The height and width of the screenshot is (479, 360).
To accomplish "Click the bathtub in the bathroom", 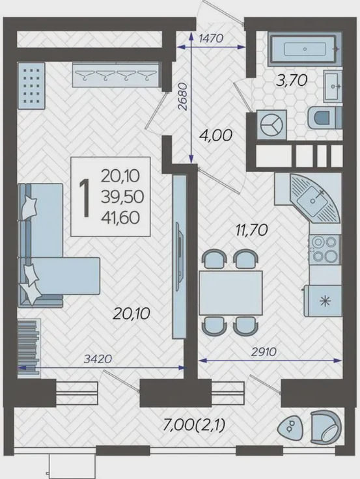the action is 305,49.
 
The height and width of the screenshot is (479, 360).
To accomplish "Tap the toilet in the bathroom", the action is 325,118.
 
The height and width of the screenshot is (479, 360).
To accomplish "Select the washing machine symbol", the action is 271,125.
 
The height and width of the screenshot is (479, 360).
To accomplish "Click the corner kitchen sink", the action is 315,198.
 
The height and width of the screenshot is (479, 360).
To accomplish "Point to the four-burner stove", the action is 325,250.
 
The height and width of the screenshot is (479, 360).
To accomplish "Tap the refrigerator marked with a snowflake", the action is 323,301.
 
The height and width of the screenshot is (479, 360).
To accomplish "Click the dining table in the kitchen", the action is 230,293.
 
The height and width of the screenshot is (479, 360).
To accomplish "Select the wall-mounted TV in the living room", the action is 180,256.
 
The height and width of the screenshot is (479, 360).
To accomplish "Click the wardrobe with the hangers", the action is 116,75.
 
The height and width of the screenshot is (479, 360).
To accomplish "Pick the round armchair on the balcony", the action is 325,427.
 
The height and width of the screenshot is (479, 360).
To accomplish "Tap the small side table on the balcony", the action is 290,427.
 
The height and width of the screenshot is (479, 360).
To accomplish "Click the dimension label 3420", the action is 98,359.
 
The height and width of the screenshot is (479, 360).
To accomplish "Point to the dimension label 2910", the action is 264,352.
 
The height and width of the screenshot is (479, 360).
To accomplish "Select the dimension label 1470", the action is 211,38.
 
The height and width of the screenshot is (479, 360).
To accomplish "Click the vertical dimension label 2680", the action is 182,96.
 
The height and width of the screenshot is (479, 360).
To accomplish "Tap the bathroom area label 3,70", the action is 292,81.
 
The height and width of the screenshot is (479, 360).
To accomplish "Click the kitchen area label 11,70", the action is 251,230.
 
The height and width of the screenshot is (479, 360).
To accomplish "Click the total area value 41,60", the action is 120,217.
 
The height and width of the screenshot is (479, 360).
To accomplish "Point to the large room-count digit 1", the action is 85,198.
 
